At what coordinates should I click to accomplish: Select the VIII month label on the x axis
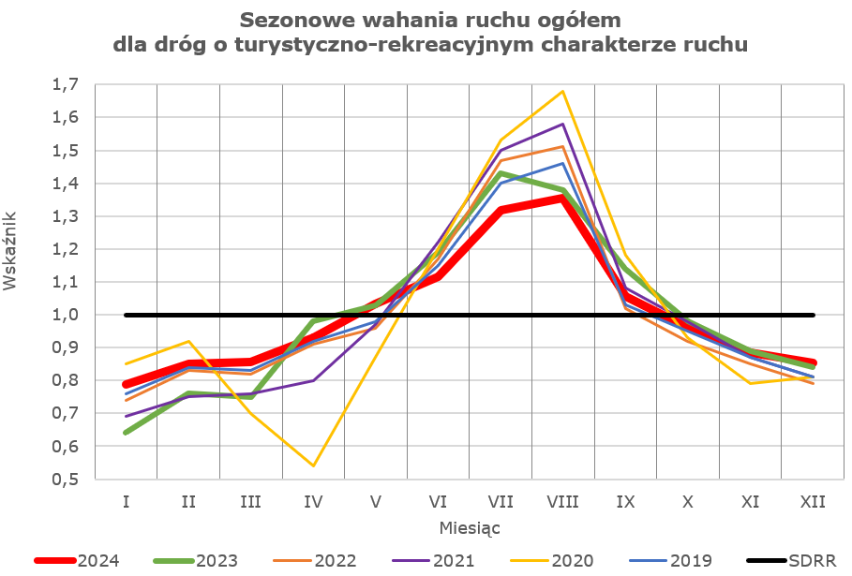click(x=562, y=501)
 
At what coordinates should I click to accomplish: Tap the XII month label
click(x=813, y=501)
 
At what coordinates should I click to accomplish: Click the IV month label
click(x=313, y=501)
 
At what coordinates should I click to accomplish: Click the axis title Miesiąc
click(x=470, y=528)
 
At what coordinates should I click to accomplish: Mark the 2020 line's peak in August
click(x=562, y=92)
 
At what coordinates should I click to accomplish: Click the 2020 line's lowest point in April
click(x=313, y=465)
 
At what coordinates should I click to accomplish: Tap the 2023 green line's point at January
click(x=126, y=433)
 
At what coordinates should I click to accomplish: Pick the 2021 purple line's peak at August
click(x=562, y=125)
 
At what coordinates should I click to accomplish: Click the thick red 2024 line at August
click(x=562, y=197)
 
